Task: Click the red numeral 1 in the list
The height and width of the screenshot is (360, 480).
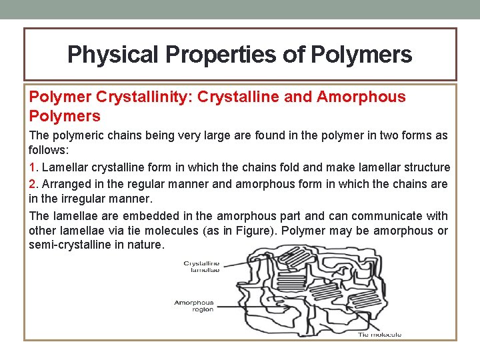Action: (32, 167)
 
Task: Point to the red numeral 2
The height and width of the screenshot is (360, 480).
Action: (32, 183)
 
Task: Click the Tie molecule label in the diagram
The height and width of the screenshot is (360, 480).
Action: (379, 334)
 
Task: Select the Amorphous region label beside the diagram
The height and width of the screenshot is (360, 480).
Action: (194, 306)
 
